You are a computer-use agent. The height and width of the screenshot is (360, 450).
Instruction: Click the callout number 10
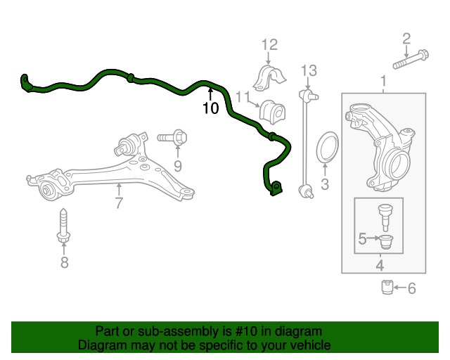click(211, 108)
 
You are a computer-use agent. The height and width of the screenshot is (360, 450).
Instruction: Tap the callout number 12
click(270, 45)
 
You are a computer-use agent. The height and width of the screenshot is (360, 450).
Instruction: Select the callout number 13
click(309, 70)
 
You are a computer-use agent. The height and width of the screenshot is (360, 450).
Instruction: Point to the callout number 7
click(119, 204)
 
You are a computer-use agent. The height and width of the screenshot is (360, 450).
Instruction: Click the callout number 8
click(64, 263)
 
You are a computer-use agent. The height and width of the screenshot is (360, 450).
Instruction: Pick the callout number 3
click(325, 185)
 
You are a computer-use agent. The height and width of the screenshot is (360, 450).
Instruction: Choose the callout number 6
click(412, 288)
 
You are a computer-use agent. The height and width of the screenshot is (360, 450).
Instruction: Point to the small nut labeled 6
click(387, 288)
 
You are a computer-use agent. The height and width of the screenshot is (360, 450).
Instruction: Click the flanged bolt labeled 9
click(172, 137)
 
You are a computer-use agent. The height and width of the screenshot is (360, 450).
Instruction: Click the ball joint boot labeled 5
click(389, 243)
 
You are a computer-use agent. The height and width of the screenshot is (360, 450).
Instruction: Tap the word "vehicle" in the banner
click(309, 345)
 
